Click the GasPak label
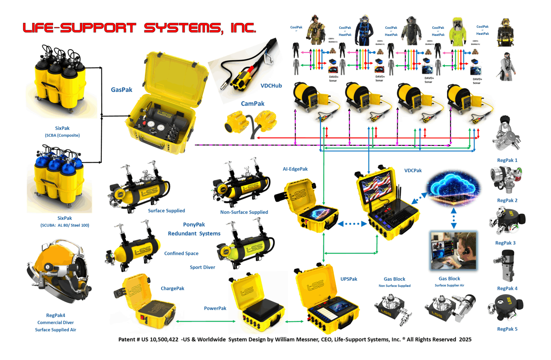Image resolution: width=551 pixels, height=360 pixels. [x=122, y=90]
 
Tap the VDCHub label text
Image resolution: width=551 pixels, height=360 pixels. [x=271, y=85]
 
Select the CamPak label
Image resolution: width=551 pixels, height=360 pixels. [x=253, y=104]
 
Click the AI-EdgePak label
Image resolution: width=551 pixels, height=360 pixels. [x=295, y=169]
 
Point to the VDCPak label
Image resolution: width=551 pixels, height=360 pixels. [x=413, y=171]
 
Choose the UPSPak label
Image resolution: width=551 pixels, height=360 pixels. [x=349, y=279]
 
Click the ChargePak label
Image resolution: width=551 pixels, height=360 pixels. [x=172, y=288]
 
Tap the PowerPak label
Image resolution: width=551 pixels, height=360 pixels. [x=215, y=308]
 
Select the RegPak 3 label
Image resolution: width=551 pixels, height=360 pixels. [x=505, y=243]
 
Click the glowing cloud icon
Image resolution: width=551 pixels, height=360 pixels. [x=453, y=186]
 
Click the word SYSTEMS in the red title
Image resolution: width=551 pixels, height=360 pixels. [x=182, y=28]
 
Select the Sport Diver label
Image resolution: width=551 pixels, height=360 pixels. [x=202, y=267]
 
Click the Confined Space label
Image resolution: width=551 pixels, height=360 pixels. [x=181, y=254]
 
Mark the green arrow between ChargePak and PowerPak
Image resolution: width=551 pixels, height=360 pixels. [x=205, y=321]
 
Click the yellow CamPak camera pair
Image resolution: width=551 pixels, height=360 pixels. [x=251, y=122]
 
